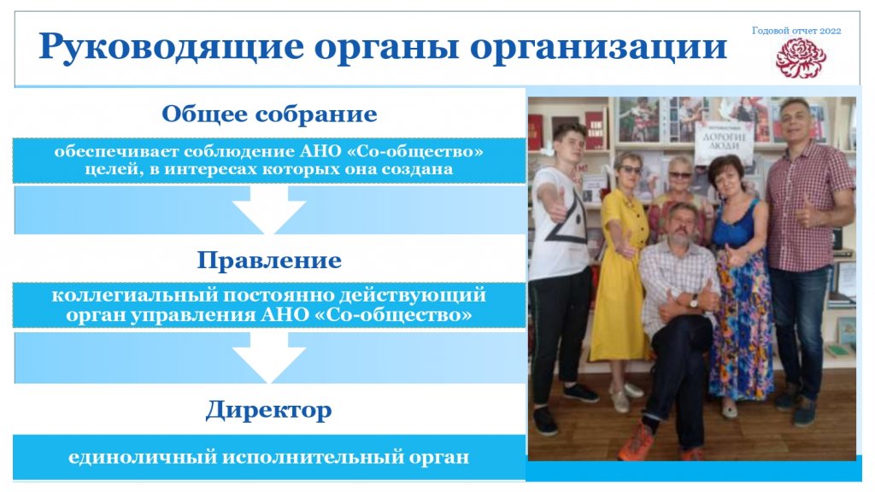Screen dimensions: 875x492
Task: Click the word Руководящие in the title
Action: pos(171,48)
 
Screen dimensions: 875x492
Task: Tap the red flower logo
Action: pos(801,58)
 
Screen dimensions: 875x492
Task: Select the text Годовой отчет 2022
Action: pos(796,31)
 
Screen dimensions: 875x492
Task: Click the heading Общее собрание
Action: pos(269,114)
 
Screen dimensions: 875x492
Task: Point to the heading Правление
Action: pos(269,260)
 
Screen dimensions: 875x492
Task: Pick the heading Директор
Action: pos(269,410)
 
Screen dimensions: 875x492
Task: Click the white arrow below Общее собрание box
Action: pos(269,210)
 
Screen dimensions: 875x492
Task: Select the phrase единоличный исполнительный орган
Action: pos(269,458)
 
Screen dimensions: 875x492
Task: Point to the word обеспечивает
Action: pos(116,151)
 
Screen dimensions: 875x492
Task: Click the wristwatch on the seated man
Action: pos(694,302)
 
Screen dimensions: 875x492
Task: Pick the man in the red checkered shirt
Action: pos(808,256)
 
